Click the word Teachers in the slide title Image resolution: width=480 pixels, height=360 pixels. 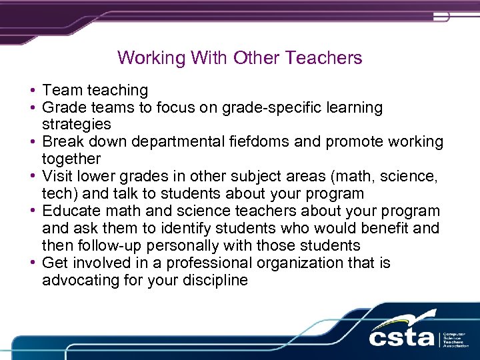pyautogui.click(x=324, y=58)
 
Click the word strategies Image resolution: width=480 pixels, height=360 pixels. pyautogui.click(x=76, y=125)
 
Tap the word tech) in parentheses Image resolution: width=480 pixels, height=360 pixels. pyautogui.click(x=59, y=194)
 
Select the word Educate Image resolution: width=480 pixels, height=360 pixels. pyautogui.click(x=71, y=211)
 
